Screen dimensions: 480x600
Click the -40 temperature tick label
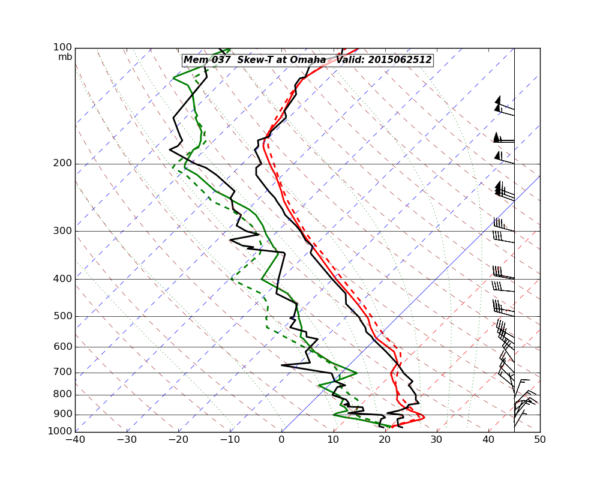point(75,439)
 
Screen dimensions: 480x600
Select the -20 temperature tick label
point(178,439)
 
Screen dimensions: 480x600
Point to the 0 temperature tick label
point(282,439)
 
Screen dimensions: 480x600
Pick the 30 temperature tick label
point(437,439)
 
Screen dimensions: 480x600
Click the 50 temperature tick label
point(540,439)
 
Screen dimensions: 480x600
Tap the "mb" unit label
point(65,57)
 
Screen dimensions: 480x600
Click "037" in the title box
point(221,60)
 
